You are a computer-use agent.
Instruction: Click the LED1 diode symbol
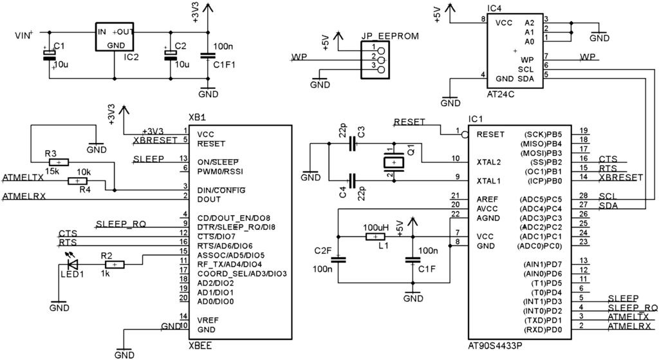[72, 263]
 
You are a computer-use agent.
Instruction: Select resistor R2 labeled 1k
[114, 263]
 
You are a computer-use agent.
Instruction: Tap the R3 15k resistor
[59, 162]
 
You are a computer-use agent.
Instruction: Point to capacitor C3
[351, 144]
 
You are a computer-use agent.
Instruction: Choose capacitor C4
[351, 180]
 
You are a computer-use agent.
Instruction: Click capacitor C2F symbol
[337, 260]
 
